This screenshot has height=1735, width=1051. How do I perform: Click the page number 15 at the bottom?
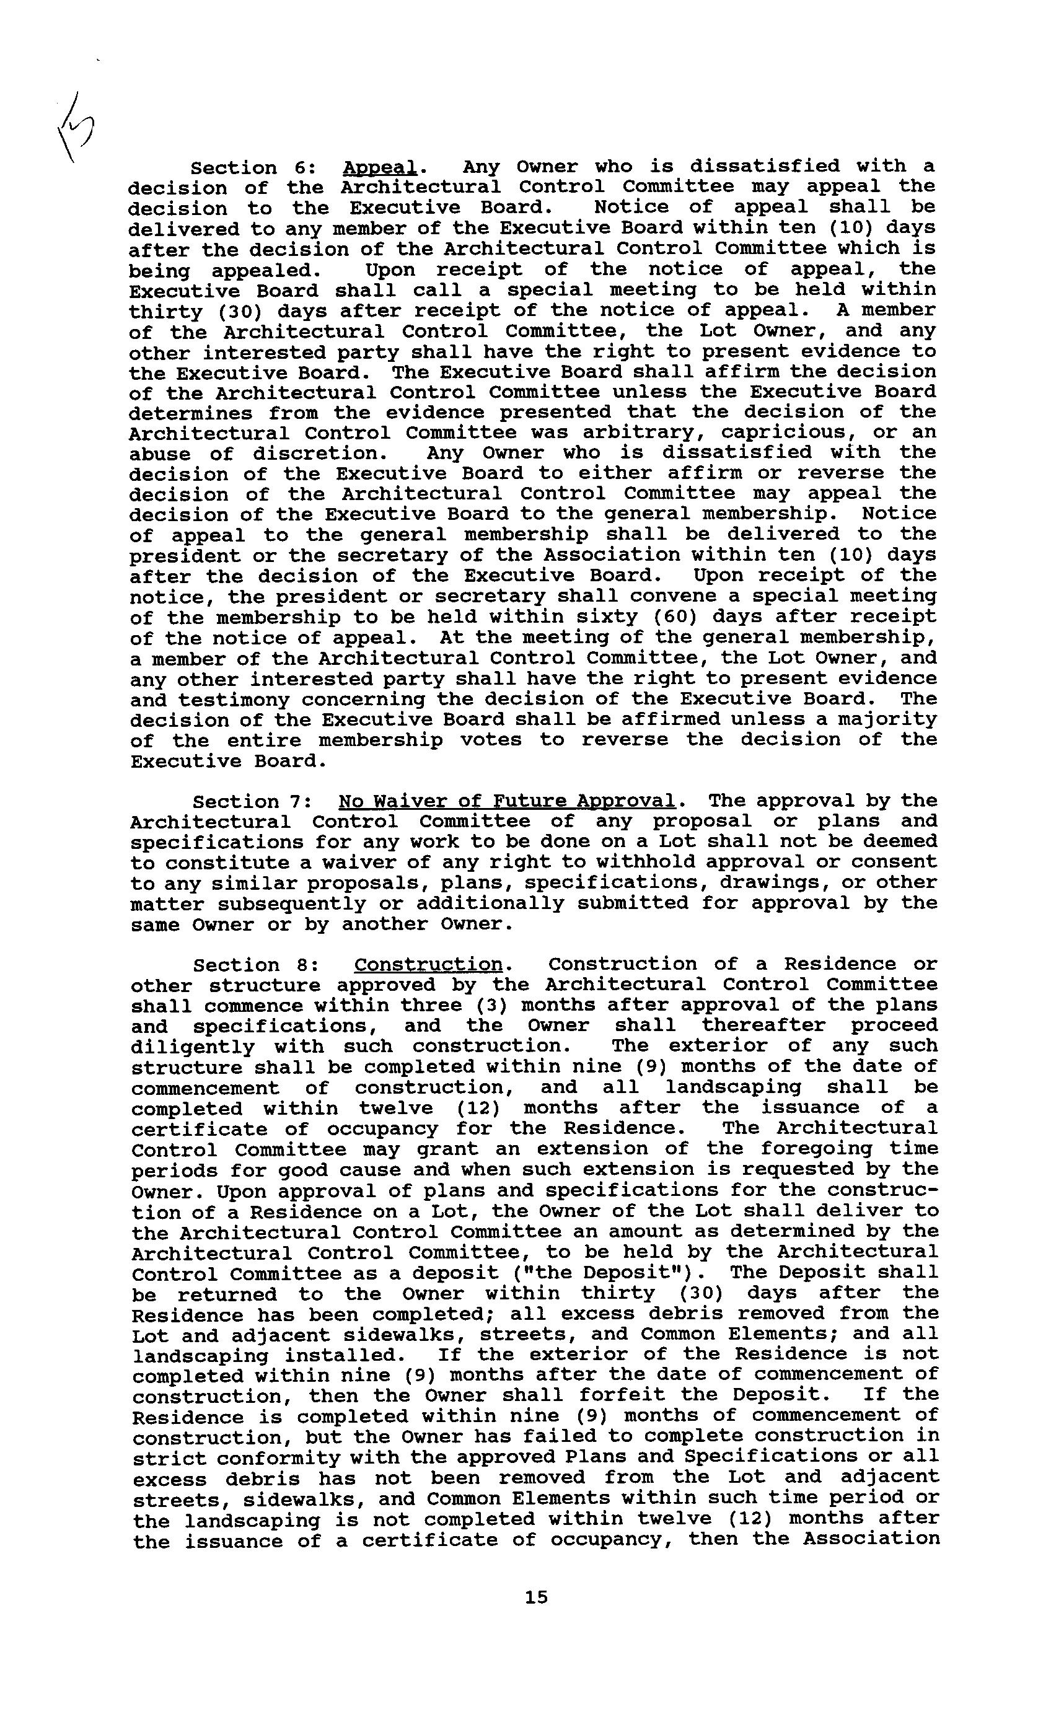pyautogui.click(x=535, y=1597)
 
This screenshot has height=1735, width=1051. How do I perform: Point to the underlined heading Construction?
pyautogui.click(x=428, y=965)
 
